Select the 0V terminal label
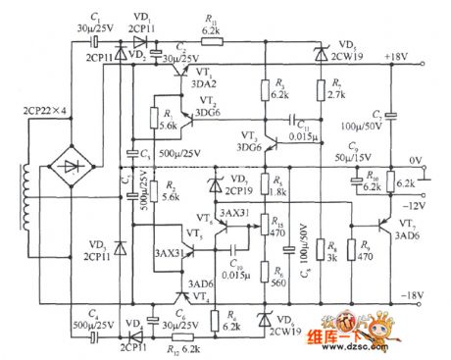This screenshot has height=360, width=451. pos(415,159)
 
